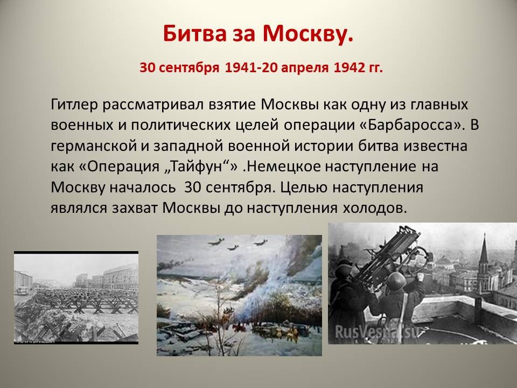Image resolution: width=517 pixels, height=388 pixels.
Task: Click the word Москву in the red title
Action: click(x=308, y=33)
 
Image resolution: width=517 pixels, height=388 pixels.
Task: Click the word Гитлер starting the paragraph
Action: click(x=74, y=105)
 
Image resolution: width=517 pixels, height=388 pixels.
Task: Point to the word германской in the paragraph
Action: click(x=94, y=146)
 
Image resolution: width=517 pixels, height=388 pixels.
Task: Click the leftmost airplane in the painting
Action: click(x=216, y=241)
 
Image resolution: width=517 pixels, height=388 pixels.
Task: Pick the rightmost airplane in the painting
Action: click(x=261, y=243)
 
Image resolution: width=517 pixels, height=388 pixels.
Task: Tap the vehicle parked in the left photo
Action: click(x=23, y=290)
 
